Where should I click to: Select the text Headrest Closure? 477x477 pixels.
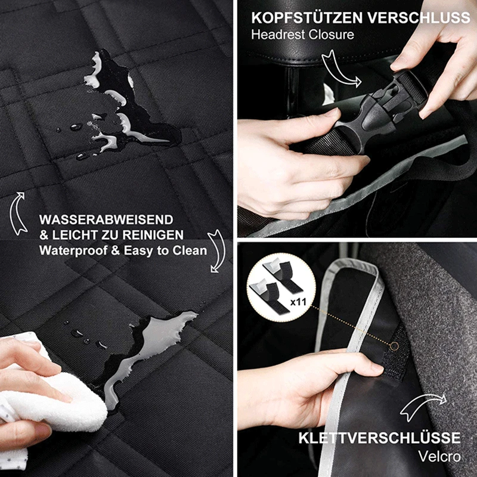302,34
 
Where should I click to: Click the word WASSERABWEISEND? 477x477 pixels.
106,220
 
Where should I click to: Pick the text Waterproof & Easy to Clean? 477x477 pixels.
123,250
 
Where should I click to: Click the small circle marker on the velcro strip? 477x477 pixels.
395,346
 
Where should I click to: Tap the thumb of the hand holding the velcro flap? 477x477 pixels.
364,370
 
